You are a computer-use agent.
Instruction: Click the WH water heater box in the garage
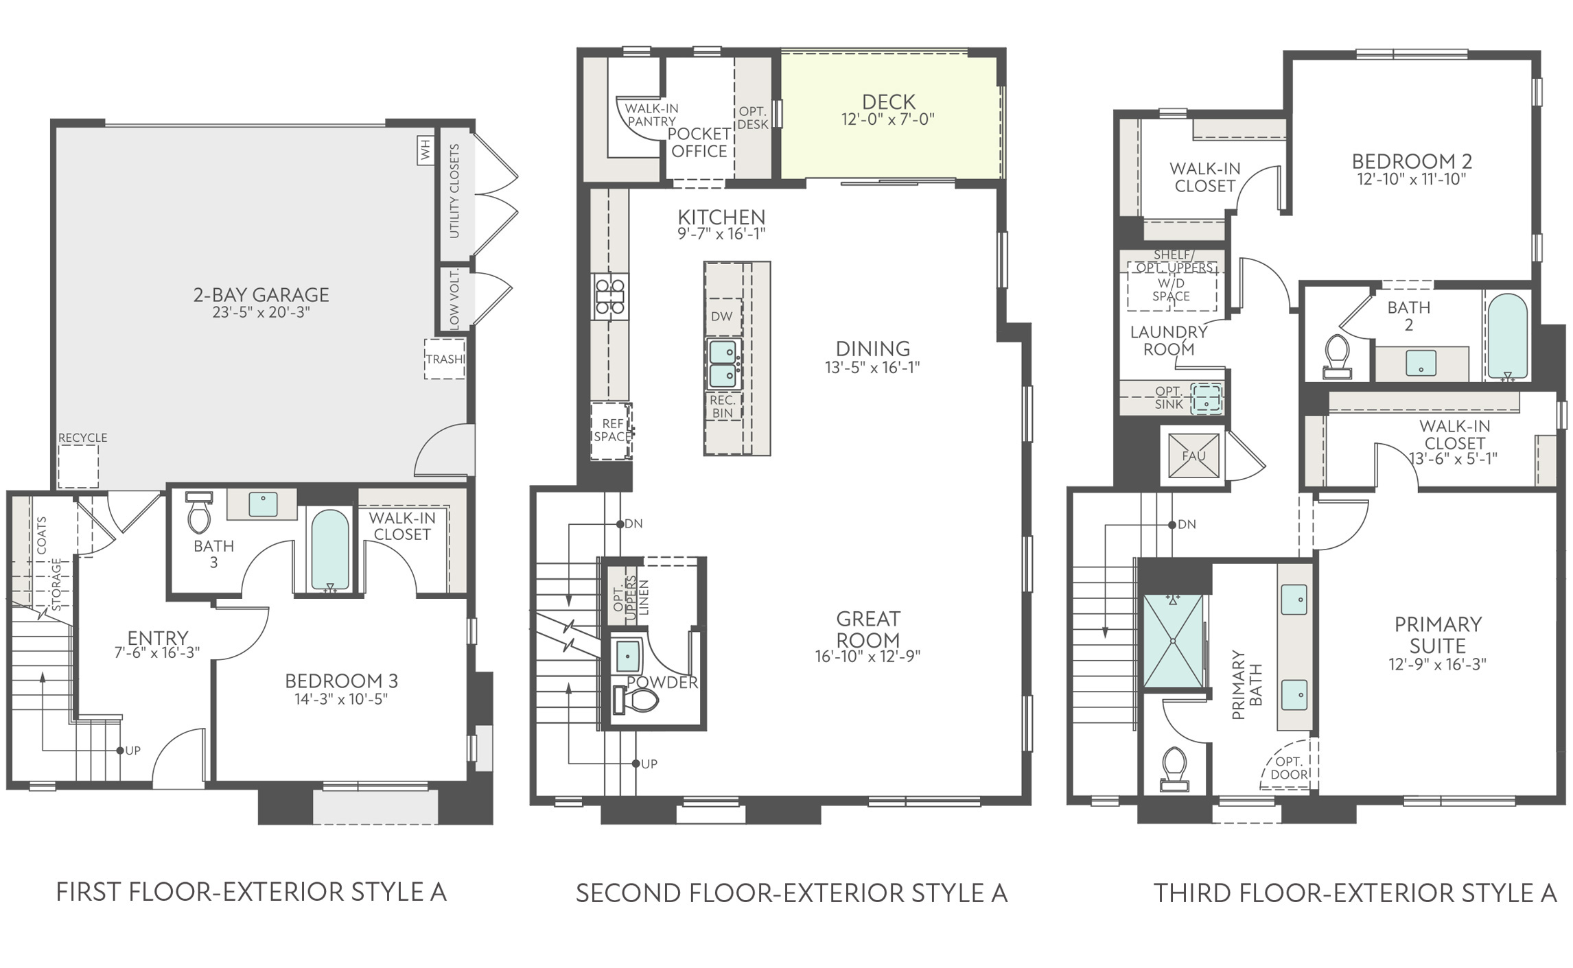pos(426,150)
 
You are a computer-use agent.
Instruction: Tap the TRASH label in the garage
pos(445,359)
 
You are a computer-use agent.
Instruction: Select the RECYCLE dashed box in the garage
pos(78,467)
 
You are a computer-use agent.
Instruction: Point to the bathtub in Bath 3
pos(330,551)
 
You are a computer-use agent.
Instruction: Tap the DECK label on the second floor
pos(889,102)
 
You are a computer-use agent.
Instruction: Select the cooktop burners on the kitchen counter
pos(609,296)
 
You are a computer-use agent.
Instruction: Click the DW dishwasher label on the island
pos(722,316)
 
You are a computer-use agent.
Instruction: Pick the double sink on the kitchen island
pos(723,364)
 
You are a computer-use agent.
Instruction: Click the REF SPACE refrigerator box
pos(611,431)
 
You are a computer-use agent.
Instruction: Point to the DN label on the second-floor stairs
pos(633,524)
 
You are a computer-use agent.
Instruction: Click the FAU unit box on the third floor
pos(1193,455)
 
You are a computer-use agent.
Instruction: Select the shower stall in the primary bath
pos(1174,641)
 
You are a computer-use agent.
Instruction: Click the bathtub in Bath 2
pos(1507,337)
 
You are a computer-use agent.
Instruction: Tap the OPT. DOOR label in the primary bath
pos(1289,768)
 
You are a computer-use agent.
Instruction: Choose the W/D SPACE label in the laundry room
pos(1171,290)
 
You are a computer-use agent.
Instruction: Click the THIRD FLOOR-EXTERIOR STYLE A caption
pos(1355,893)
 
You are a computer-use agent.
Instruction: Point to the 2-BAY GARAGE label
pos(261,294)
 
